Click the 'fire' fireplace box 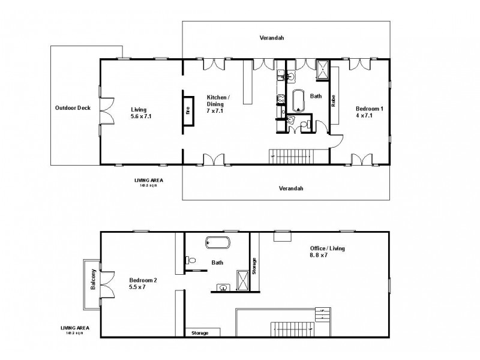pyautogui.click(x=188, y=110)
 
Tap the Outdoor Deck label pyautogui.click(x=73, y=108)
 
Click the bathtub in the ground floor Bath pyautogui.click(x=298, y=100)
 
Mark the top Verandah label pyautogui.click(x=271, y=38)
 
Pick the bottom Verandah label pyautogui.click(x=291, y=188)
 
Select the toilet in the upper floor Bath pyautogui.click(x=191, y=260)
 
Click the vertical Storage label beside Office pyautogui.click(x=254, y=265)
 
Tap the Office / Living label pyautogui.click(x=328, y=251)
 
